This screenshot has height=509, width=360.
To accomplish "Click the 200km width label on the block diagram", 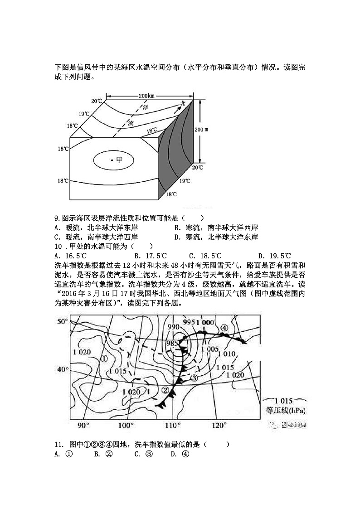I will point(145,96).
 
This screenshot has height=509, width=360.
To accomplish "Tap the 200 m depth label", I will point(202,129).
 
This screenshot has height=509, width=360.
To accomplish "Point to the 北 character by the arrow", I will point(183,103).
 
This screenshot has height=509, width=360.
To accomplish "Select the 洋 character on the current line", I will point(146,108).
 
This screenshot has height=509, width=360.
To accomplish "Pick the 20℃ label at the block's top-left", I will point(96,101).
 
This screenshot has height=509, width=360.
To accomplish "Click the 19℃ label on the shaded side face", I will point(185,181).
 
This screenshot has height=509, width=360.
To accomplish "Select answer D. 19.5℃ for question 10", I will point(274,256).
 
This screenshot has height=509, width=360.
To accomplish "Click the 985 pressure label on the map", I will point(172,343).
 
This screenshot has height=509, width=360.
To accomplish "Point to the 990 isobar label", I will point(173,327).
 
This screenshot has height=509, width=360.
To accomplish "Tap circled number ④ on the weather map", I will point(224,328).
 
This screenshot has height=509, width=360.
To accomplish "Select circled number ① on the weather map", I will point(104,358).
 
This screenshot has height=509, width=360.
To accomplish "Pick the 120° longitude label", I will point(219,425).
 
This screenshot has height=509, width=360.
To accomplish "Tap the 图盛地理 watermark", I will point(293,425).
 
